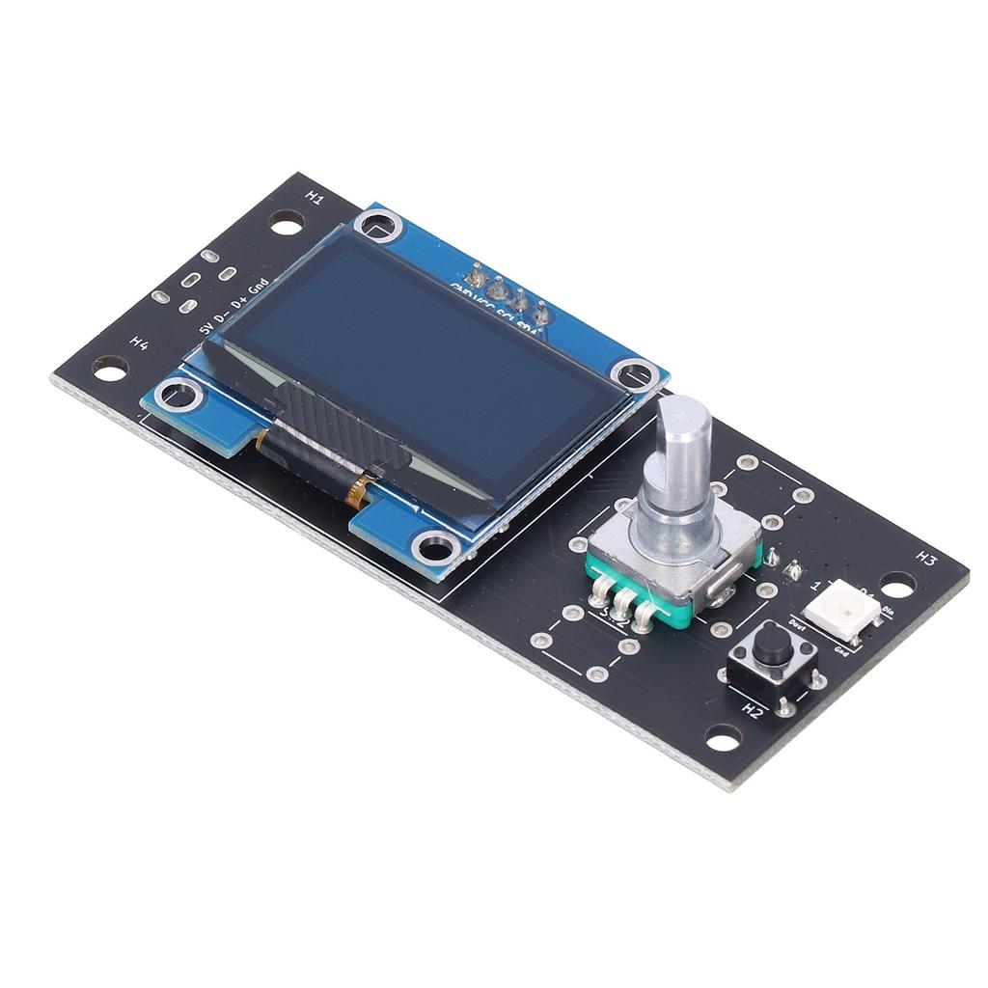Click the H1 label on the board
pyautogui.click(x=315, y=196)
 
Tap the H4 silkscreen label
pyautogui.click(x=140, y=343)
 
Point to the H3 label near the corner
pyautogui.click(x=926, y=558)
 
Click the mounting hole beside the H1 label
pyautogui.click(x=286, y=223)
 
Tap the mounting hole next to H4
pyautogui.click(x=109, y=368)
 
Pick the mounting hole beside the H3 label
pyautogui.click(x=897, y=585)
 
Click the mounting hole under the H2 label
pyautogui.click(x=723, y=739)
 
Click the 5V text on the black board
pyautogui.click(x=205, y=328)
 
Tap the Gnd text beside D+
pyautogui.click(x=258, y=287)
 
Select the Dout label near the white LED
pyautogui.click(x=798, y=624)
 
